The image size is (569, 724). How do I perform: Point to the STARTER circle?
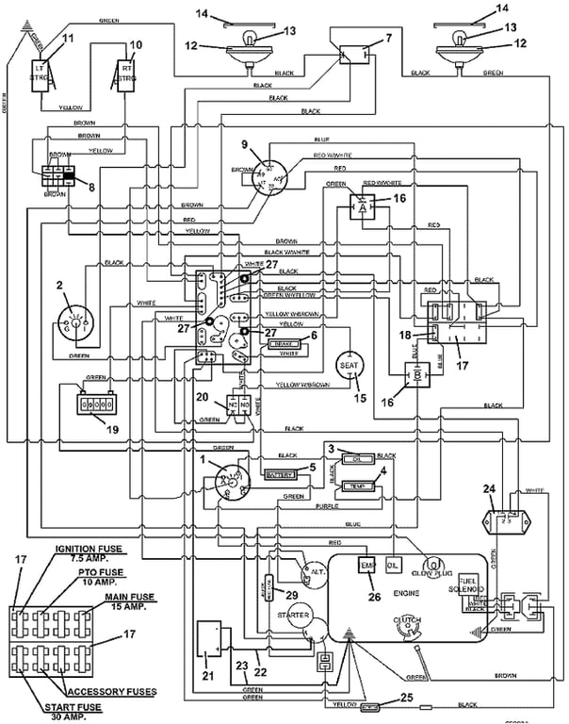pyautogui.click(x=294, y=617)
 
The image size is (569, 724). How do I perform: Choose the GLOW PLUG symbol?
pyautogui.click(x=435, y=568)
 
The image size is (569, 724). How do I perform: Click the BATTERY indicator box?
pyautogui.click(x=280, y=474)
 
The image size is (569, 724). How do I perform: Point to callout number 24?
pyautogui.click(x=488, y=488)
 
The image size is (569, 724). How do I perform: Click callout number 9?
pyautogui.click(x=244, y=145)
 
